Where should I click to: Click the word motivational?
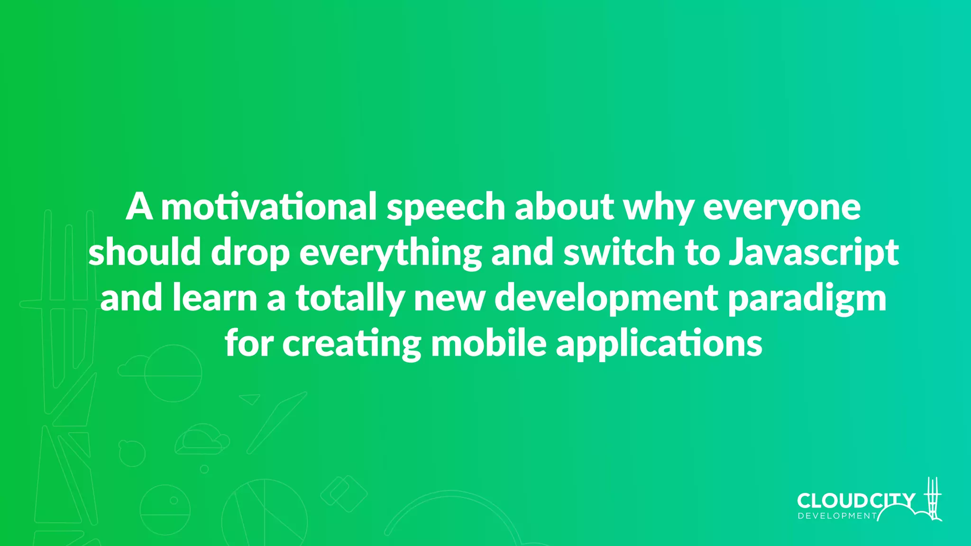(269, 207)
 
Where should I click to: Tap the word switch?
(619, 252)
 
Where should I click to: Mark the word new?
(449, 299)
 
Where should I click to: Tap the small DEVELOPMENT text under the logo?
(837, 516)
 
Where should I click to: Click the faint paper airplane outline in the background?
(250, 399)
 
